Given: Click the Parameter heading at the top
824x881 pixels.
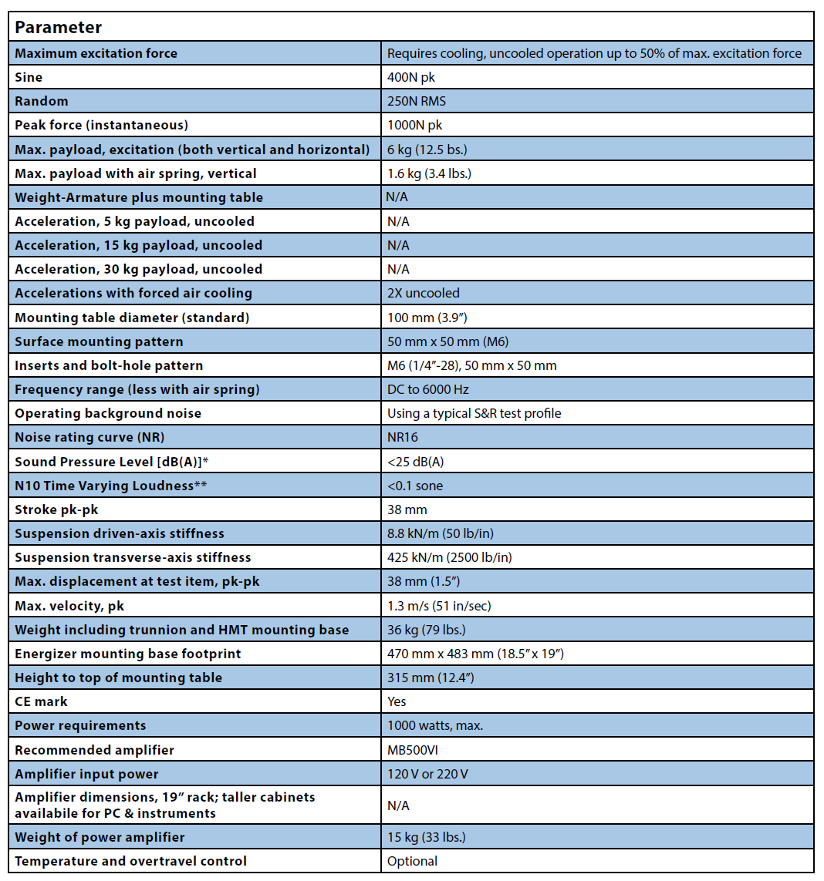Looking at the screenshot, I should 59,27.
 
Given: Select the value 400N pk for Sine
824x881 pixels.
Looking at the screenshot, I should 412,77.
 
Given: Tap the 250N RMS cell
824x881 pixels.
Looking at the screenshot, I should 417,101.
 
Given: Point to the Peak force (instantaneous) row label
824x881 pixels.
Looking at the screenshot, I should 101,125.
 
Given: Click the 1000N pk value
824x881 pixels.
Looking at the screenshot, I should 415,125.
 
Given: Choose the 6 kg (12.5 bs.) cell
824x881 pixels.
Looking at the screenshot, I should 427,150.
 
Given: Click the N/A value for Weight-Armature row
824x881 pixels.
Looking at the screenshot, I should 397,197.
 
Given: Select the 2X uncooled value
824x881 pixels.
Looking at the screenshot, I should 423,293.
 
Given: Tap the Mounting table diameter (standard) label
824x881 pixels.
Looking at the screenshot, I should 132,317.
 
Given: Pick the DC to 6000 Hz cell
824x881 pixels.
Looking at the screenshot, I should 429,389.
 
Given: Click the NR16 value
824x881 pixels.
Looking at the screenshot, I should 404,437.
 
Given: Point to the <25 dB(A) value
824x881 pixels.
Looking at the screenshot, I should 415,462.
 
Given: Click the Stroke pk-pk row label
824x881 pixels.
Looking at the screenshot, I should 57,509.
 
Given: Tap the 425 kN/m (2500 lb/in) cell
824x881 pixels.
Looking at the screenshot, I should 449,557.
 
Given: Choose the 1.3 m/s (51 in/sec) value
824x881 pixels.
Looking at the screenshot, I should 439,606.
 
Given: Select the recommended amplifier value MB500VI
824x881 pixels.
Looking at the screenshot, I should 414,750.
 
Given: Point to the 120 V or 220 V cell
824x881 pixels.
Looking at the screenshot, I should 427,774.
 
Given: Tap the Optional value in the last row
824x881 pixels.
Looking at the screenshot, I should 412,861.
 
